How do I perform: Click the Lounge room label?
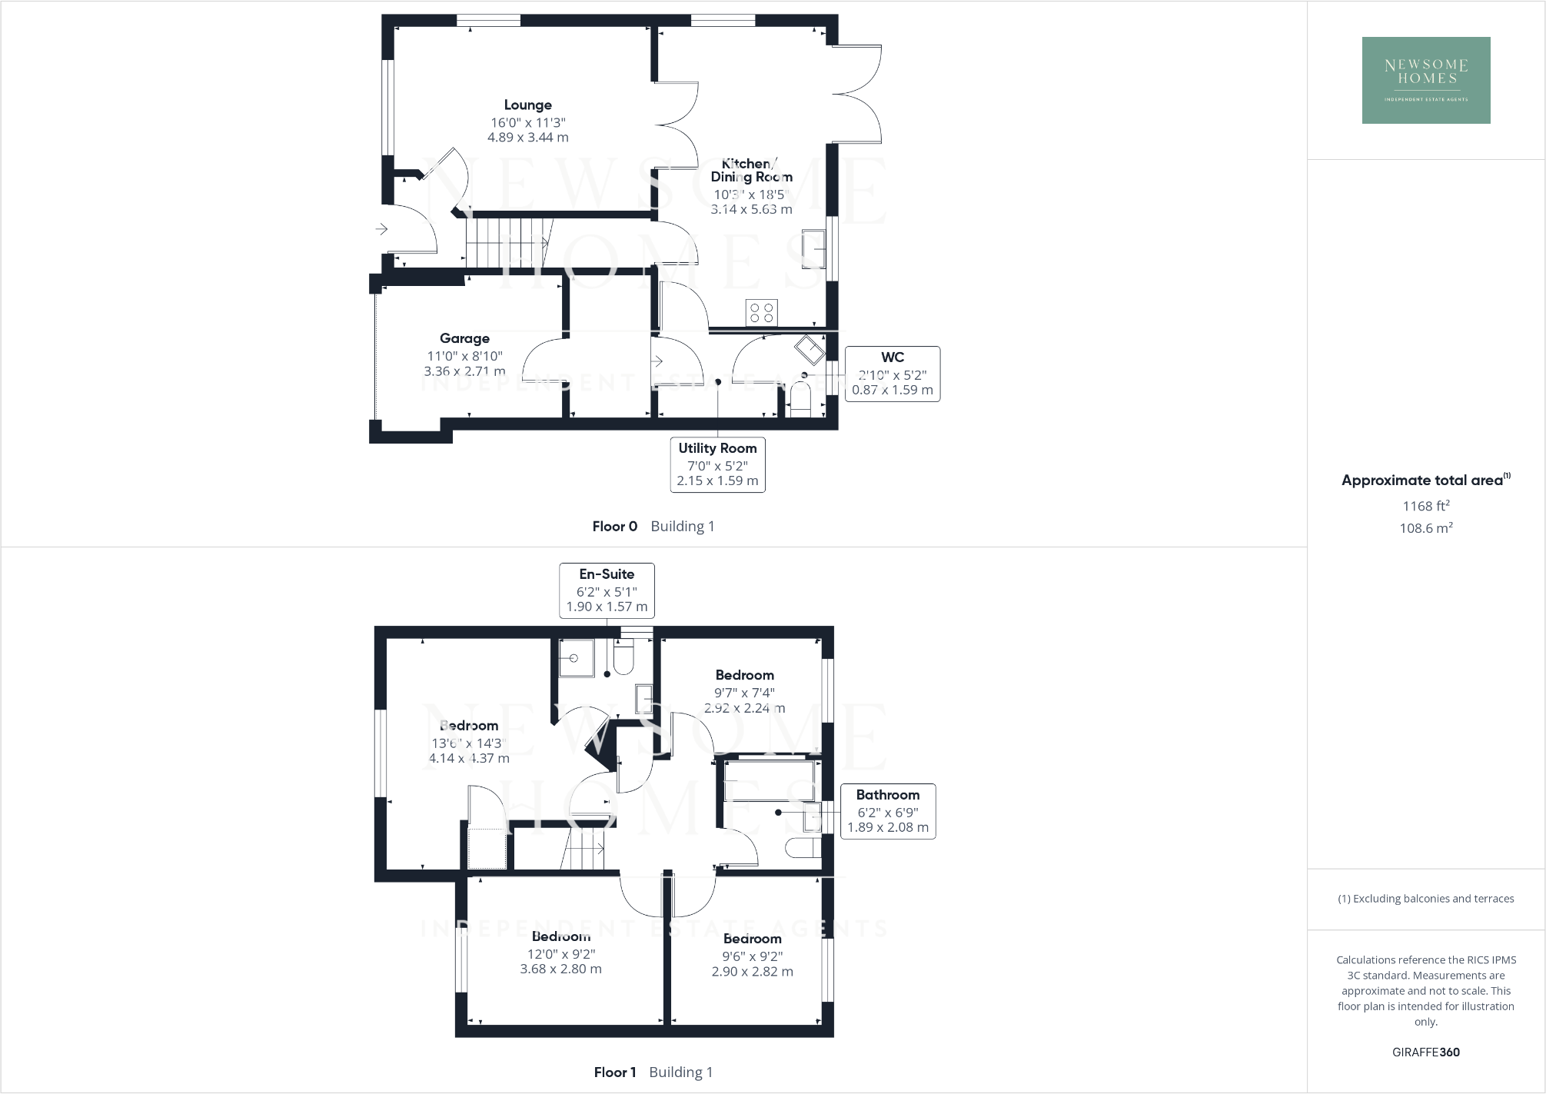click(x=527, y=105)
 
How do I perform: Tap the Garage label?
click(x=464, y=338)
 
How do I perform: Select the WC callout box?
click(x=892, y=374)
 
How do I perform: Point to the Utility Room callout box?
click(x=717, y=464)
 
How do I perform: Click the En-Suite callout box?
click(x=607, y=590)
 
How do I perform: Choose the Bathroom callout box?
click(x=887, y=811)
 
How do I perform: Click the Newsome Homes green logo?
click(x=1425, y=80)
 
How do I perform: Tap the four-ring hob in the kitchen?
click(x=761, y=313)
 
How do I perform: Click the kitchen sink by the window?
click(x=813, y=248)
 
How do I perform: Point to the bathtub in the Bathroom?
click(x=769, y=780)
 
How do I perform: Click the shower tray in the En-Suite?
click(x=576, y=658)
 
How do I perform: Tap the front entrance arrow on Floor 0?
click(x=381, y=229)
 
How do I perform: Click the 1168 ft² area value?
click(x=1425, y=506)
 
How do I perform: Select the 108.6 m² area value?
click(x=1425, y=528)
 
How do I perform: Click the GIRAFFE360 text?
click(x=1425, y=1052)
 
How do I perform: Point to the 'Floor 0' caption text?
click(x=614, y=527)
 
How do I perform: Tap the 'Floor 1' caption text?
click(x=614, y=1072)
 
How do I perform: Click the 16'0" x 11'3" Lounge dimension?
click(x=527, y=123)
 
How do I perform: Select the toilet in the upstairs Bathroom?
click(x=803, y=848)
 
